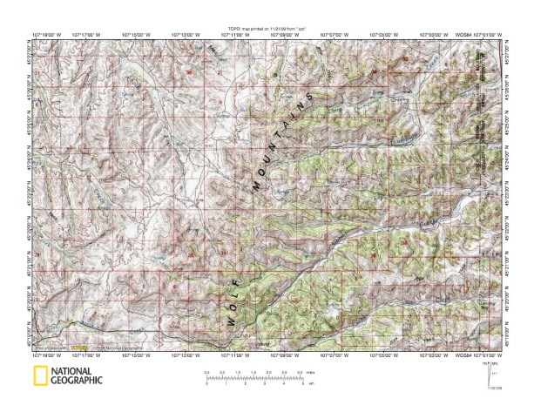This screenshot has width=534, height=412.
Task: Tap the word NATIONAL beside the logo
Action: click(77, 372)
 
